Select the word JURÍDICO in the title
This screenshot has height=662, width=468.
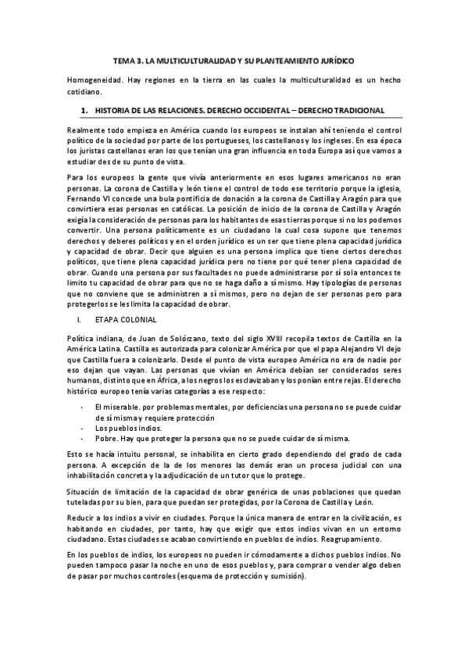(x=334, y=59)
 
